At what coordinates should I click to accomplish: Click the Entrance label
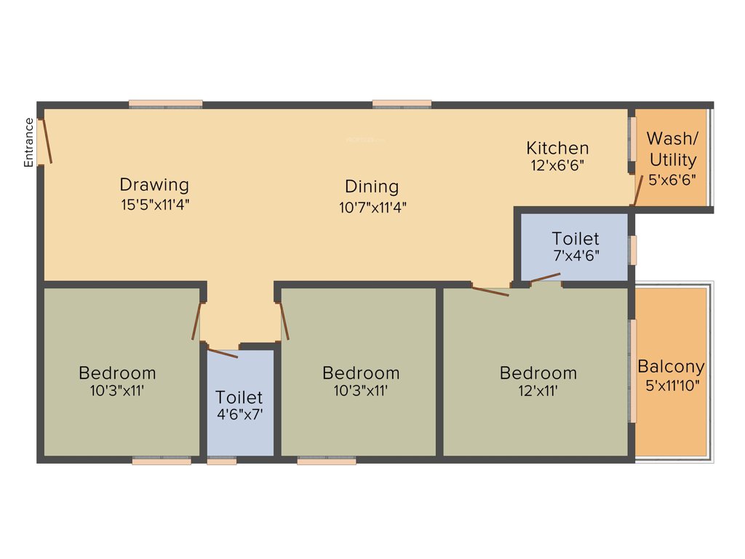[x=29, y=143]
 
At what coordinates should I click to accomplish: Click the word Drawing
[x=154, y=185]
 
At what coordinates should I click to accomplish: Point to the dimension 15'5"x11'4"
[x=155, y=205]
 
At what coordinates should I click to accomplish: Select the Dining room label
[x=372, y=187]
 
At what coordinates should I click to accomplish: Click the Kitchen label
[x=557, y=148]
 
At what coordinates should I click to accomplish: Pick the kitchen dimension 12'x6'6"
[x=558, y=165]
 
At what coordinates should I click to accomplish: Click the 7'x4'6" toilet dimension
[x=575, y=255]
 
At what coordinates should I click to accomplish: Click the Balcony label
[x=671, y=367]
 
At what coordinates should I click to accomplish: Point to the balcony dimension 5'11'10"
[x=672, y=386]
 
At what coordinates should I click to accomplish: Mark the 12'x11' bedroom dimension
[x=538, y=391]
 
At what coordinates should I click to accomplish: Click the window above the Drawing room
[x=166, y=104]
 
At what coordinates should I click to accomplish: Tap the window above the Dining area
[x=402, y=104]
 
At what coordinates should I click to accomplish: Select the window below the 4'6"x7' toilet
[x=222, y=461]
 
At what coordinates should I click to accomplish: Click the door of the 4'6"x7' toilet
[x=223, y=353]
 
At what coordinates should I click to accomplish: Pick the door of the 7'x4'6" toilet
[x=545, y=277]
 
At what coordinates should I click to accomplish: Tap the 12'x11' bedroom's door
[x=490, y=292]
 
